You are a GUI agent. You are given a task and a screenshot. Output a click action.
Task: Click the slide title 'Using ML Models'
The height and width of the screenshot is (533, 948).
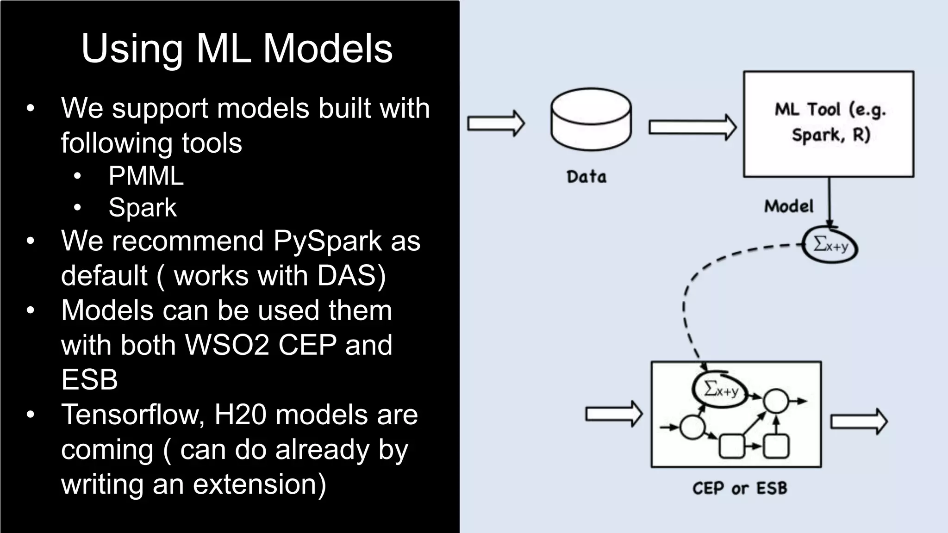point(237,49)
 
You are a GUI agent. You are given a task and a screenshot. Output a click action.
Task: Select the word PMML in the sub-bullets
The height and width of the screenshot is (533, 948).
point(146,176)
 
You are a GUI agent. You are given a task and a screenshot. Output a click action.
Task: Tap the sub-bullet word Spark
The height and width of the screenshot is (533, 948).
point(143,207)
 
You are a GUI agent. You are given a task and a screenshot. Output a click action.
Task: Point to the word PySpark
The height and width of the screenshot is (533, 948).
point(327,242)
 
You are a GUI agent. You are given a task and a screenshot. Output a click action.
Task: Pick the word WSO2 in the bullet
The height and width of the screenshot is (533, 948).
point(227,345)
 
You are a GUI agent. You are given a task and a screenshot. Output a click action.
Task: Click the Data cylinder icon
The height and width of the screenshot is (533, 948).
point(591,119)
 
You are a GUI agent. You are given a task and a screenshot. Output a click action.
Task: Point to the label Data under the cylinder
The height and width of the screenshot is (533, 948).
point(586,177)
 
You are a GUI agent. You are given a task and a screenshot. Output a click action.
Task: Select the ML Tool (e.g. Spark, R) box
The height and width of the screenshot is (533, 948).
point(829,124)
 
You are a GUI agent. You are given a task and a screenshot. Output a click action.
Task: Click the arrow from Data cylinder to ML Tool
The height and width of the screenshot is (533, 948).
point(692,127)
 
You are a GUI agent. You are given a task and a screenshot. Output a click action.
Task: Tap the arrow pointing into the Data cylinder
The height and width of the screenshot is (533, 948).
point(496,124)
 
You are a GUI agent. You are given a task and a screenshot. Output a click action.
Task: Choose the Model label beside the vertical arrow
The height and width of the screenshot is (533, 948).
point(788,206)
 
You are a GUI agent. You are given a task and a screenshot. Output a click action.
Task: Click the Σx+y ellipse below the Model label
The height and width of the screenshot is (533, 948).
point(830,245)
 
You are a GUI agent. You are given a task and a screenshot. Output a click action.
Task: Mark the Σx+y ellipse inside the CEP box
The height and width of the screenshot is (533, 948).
point(720,390)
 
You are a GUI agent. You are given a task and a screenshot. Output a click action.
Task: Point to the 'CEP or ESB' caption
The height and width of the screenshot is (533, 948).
point(739,488)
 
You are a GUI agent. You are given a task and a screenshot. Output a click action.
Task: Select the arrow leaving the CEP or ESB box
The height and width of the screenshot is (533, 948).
point(859,421)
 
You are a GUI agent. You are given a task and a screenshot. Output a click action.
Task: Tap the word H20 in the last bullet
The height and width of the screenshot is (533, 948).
point(240,415)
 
